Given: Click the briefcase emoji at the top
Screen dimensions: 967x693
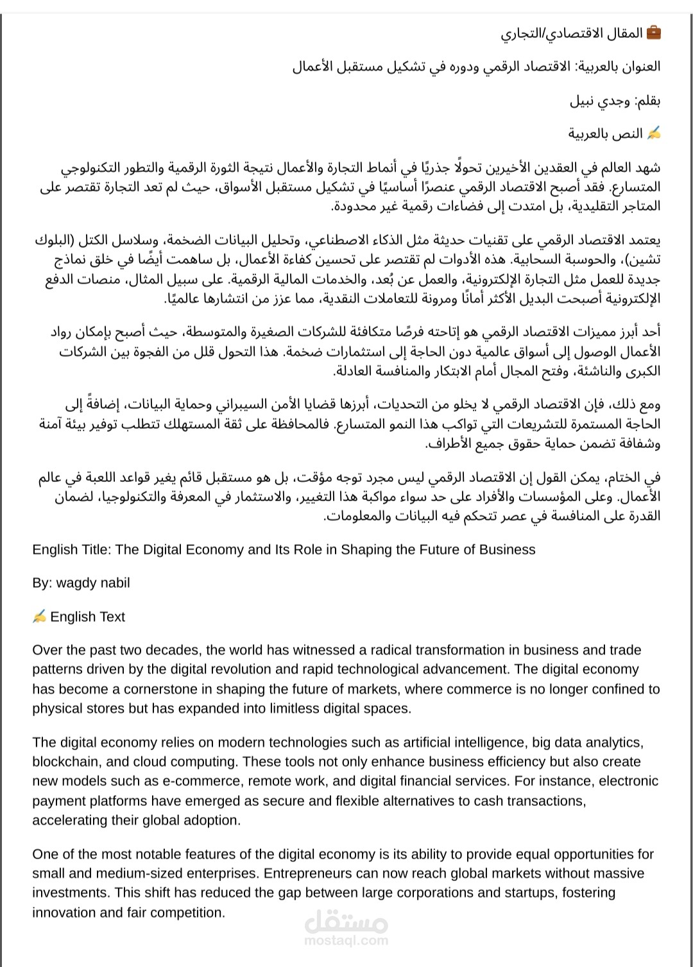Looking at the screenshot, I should coord(653,33).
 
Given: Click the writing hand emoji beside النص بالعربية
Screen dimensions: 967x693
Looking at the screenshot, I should coord(654,133).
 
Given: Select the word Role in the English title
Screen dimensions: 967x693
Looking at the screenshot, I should coord(304,550).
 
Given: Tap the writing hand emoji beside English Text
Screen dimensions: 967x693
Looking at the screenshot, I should coord(39,617).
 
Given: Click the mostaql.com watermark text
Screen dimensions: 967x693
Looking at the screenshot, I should coord(346,941).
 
